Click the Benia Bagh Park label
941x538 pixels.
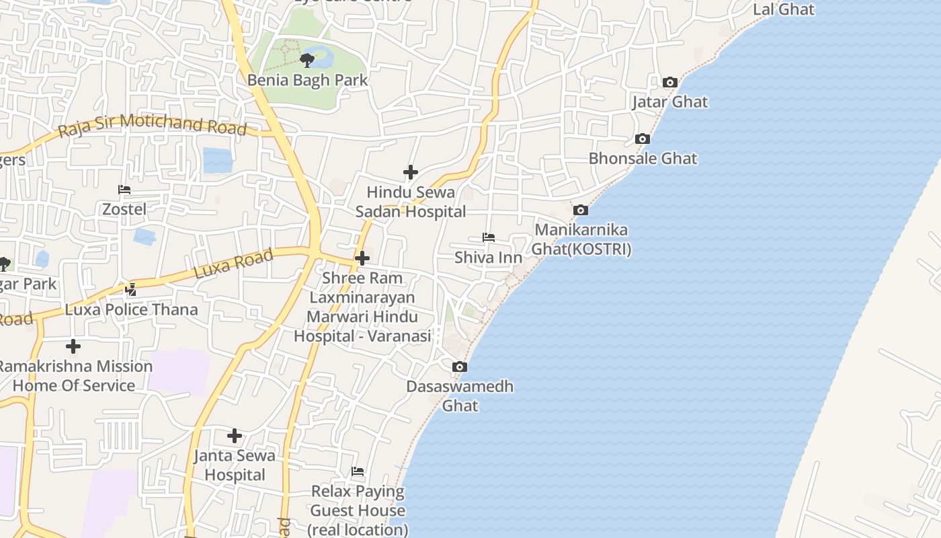tap(307, 80)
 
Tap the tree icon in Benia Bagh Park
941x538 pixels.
tap(307, 61)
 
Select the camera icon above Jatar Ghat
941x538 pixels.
tap(669, 82)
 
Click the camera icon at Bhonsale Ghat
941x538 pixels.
tap(643, 139)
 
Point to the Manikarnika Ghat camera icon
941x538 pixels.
tap(581, 210)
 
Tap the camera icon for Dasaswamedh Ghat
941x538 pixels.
tap(460, 367)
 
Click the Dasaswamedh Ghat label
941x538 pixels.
tap(460, 396)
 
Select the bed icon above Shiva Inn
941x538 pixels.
tap(489, 237)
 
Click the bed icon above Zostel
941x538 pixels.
tap(124, 190)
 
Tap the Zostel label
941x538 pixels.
tap(124, 209)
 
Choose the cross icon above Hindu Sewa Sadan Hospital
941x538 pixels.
tap(411, 172)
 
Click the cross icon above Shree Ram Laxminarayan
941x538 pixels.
tap(362, 258)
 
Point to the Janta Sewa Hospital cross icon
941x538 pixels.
tap(235, 436)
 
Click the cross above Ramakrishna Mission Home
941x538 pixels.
tap(73, 346)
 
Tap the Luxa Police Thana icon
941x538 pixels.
tap(131, 290)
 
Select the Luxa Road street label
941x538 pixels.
tap(233, 264)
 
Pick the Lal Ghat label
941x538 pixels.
tap(783, 9)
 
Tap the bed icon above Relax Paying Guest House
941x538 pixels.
tap(358, 471)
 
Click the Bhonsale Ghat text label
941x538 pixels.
tap(643, 159)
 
